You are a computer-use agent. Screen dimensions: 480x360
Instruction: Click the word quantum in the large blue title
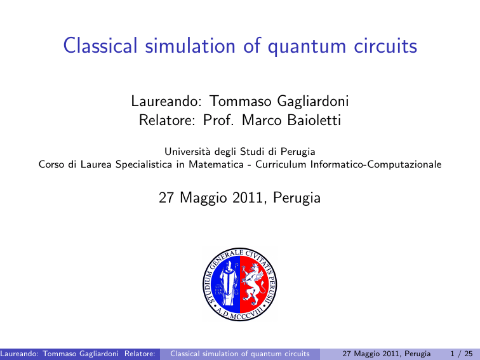[307, 46]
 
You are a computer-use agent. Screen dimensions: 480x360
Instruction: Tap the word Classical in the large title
[100, 46]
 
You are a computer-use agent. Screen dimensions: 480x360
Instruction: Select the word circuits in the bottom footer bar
[297, 354]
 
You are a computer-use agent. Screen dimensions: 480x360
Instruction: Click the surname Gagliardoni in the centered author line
[312, 102]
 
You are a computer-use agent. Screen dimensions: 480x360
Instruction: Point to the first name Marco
[262, 120]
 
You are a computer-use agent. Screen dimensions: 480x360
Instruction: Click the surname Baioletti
[314, 120]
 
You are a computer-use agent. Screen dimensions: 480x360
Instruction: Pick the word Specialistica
[143, 164]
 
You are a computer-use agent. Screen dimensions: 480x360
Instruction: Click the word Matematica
[216, 164]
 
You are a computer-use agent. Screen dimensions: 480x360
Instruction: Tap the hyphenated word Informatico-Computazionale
[376, 164]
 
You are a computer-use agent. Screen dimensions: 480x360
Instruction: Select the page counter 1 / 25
[462, 354]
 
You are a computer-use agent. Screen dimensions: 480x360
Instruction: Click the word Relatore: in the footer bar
[140, 354]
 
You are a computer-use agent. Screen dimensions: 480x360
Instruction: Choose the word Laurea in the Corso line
[96, 164]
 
